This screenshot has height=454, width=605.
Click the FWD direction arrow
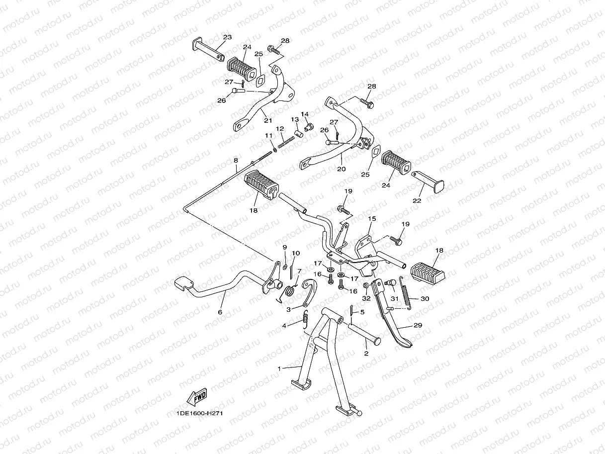point(196,397)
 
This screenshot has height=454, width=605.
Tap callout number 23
point(227,37)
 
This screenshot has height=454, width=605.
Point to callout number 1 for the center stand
point(279,368)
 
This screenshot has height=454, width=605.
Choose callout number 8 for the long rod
point(236,160)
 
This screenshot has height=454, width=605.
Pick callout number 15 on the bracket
point(372,218)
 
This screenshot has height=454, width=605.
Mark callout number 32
point(366,299)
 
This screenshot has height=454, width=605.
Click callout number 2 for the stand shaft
point(366,354)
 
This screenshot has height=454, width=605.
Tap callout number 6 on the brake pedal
point(220,312)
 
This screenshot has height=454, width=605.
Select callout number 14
point(304,114)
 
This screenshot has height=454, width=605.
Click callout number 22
point(417,200)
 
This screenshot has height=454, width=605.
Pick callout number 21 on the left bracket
point(268,120)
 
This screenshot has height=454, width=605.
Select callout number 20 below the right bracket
point(341,169)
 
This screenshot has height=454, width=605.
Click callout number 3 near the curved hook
point(288,309)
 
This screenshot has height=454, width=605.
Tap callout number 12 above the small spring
point(280,128)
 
